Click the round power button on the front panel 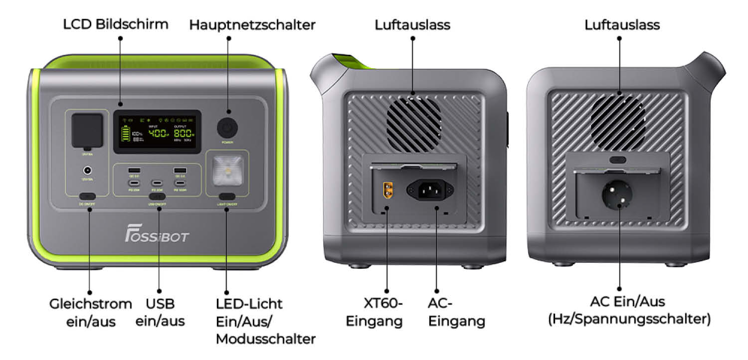[227, 128]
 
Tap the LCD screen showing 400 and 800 [157, 132]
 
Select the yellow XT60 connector [386, 190]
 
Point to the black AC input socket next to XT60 [429, 190]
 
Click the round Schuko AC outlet [619, 196]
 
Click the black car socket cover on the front [87, 130]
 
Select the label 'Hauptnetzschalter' [252, 25]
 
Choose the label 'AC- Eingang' [456, 312]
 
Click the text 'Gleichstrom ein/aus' [91, 313]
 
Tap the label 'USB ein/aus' [160, 312]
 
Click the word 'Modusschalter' [265, 339]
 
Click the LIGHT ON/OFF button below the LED [227, 196]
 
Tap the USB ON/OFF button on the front [158, 197]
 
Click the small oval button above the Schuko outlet [618, 160]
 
